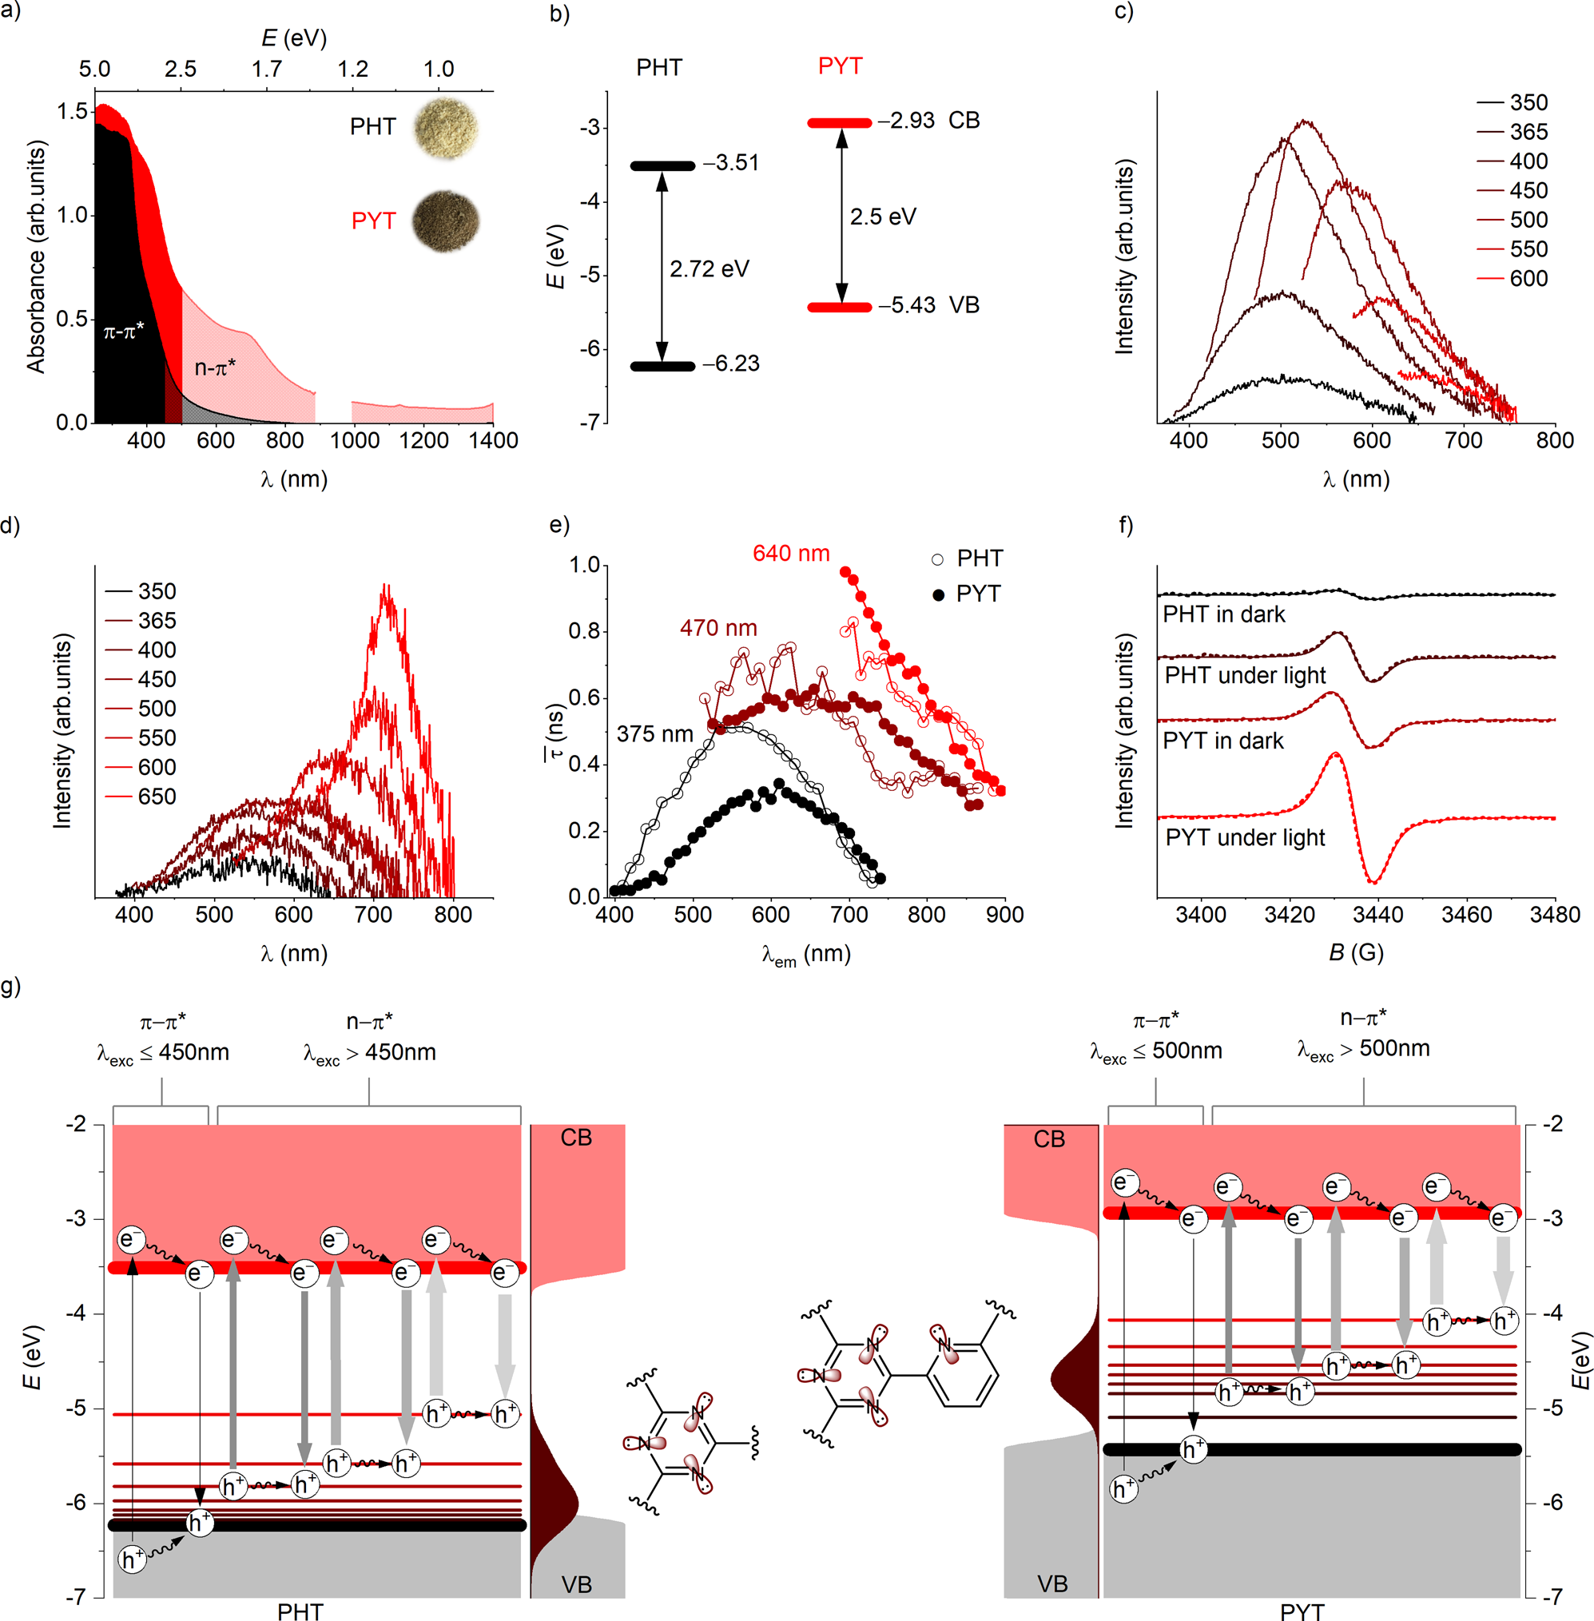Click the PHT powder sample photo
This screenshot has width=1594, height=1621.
(446, 128)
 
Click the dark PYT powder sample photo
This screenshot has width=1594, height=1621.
(446, 221)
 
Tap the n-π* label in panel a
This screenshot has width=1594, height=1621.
(215, 368)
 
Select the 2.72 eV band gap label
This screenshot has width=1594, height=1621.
(709, 268)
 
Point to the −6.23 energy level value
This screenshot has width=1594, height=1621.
(731, 364)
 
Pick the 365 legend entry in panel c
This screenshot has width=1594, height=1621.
(1528, 133)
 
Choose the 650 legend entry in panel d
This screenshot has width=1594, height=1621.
(157, 797)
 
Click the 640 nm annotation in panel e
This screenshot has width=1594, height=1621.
(790, 554)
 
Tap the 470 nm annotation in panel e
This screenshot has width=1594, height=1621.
(717, 628)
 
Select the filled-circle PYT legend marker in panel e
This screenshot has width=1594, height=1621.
(939, 594)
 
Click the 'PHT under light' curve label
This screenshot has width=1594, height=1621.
(1245, 676)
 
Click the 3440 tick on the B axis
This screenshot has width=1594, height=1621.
(1378, 914)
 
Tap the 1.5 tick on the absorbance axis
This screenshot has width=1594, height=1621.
(72, 111)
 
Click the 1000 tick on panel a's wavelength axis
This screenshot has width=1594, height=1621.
(354, 440)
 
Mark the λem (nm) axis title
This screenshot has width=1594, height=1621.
(805, 954)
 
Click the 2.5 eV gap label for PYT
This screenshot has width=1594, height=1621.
(882, 217)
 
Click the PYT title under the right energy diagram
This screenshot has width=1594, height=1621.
(1302, 1611)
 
